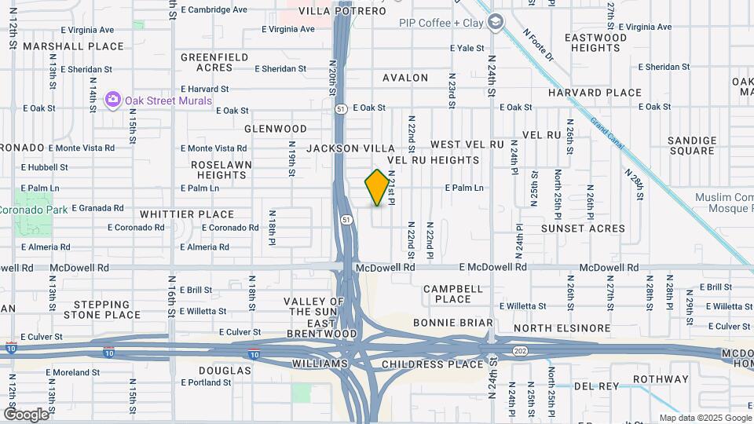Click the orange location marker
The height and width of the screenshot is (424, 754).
[377, 188]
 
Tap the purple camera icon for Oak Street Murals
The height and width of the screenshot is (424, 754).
[113, 100]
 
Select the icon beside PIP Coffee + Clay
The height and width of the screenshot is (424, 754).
[495, 24]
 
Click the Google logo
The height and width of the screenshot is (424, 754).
[26, 414]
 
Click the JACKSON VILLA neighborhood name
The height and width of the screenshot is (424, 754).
[350, 148]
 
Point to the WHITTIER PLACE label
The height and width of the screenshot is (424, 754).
[187, 214]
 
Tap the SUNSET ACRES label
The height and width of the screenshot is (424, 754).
[583, 228]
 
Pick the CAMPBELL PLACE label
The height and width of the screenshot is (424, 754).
[452, 294]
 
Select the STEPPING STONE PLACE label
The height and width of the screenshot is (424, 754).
[108, 309]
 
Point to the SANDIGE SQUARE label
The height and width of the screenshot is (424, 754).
[692, 145]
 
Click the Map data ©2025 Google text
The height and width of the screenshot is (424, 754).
[705, 418]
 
